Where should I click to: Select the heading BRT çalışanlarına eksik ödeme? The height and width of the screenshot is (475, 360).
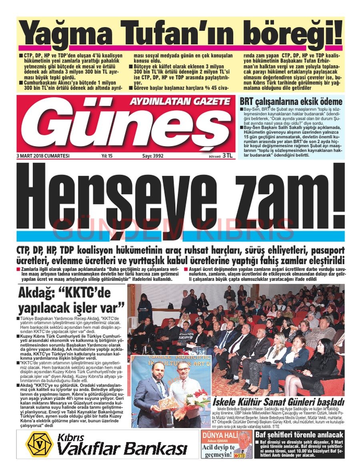pos(291,102)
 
